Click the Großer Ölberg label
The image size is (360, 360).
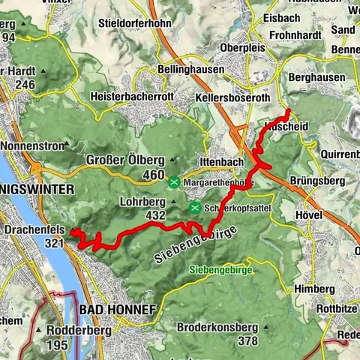[125, 160]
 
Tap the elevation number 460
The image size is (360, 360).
[153, 175]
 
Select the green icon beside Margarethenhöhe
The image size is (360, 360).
[174, 181]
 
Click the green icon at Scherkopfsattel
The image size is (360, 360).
[195, 208]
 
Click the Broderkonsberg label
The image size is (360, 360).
[217, 327]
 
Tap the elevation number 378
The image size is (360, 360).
[247, 341]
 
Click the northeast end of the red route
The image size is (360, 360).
[289, 111]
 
